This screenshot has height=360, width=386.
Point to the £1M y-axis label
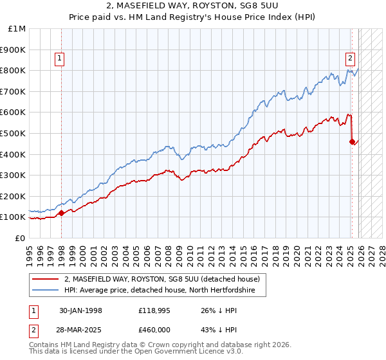click(x=18, y=29)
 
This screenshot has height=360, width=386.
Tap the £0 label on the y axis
click(x=21, y=238)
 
